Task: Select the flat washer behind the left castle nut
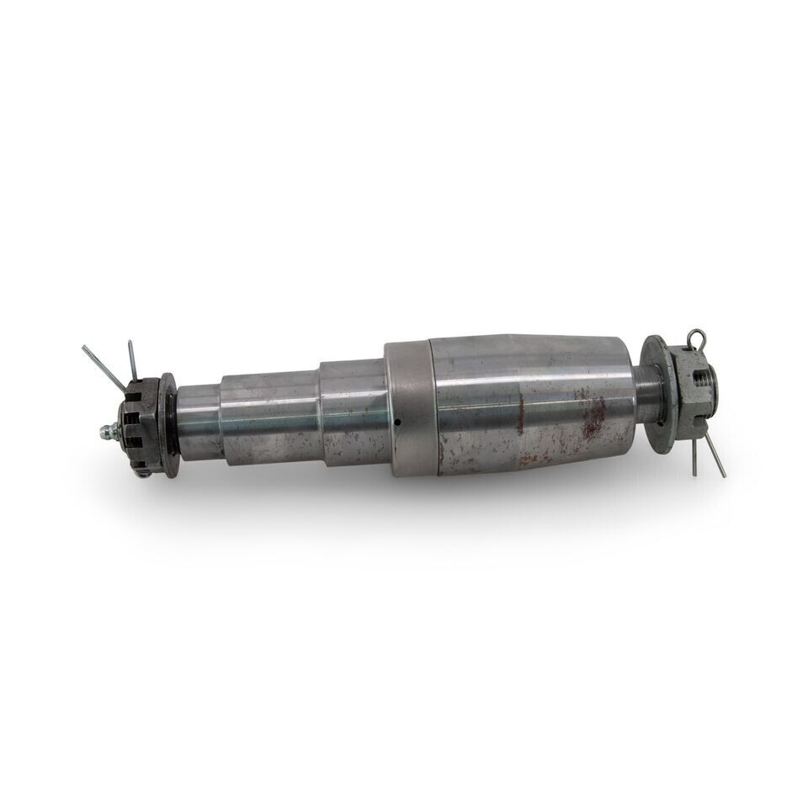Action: (168, 424)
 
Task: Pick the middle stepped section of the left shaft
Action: (269, 416)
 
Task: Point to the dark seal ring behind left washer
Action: (176, 424)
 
